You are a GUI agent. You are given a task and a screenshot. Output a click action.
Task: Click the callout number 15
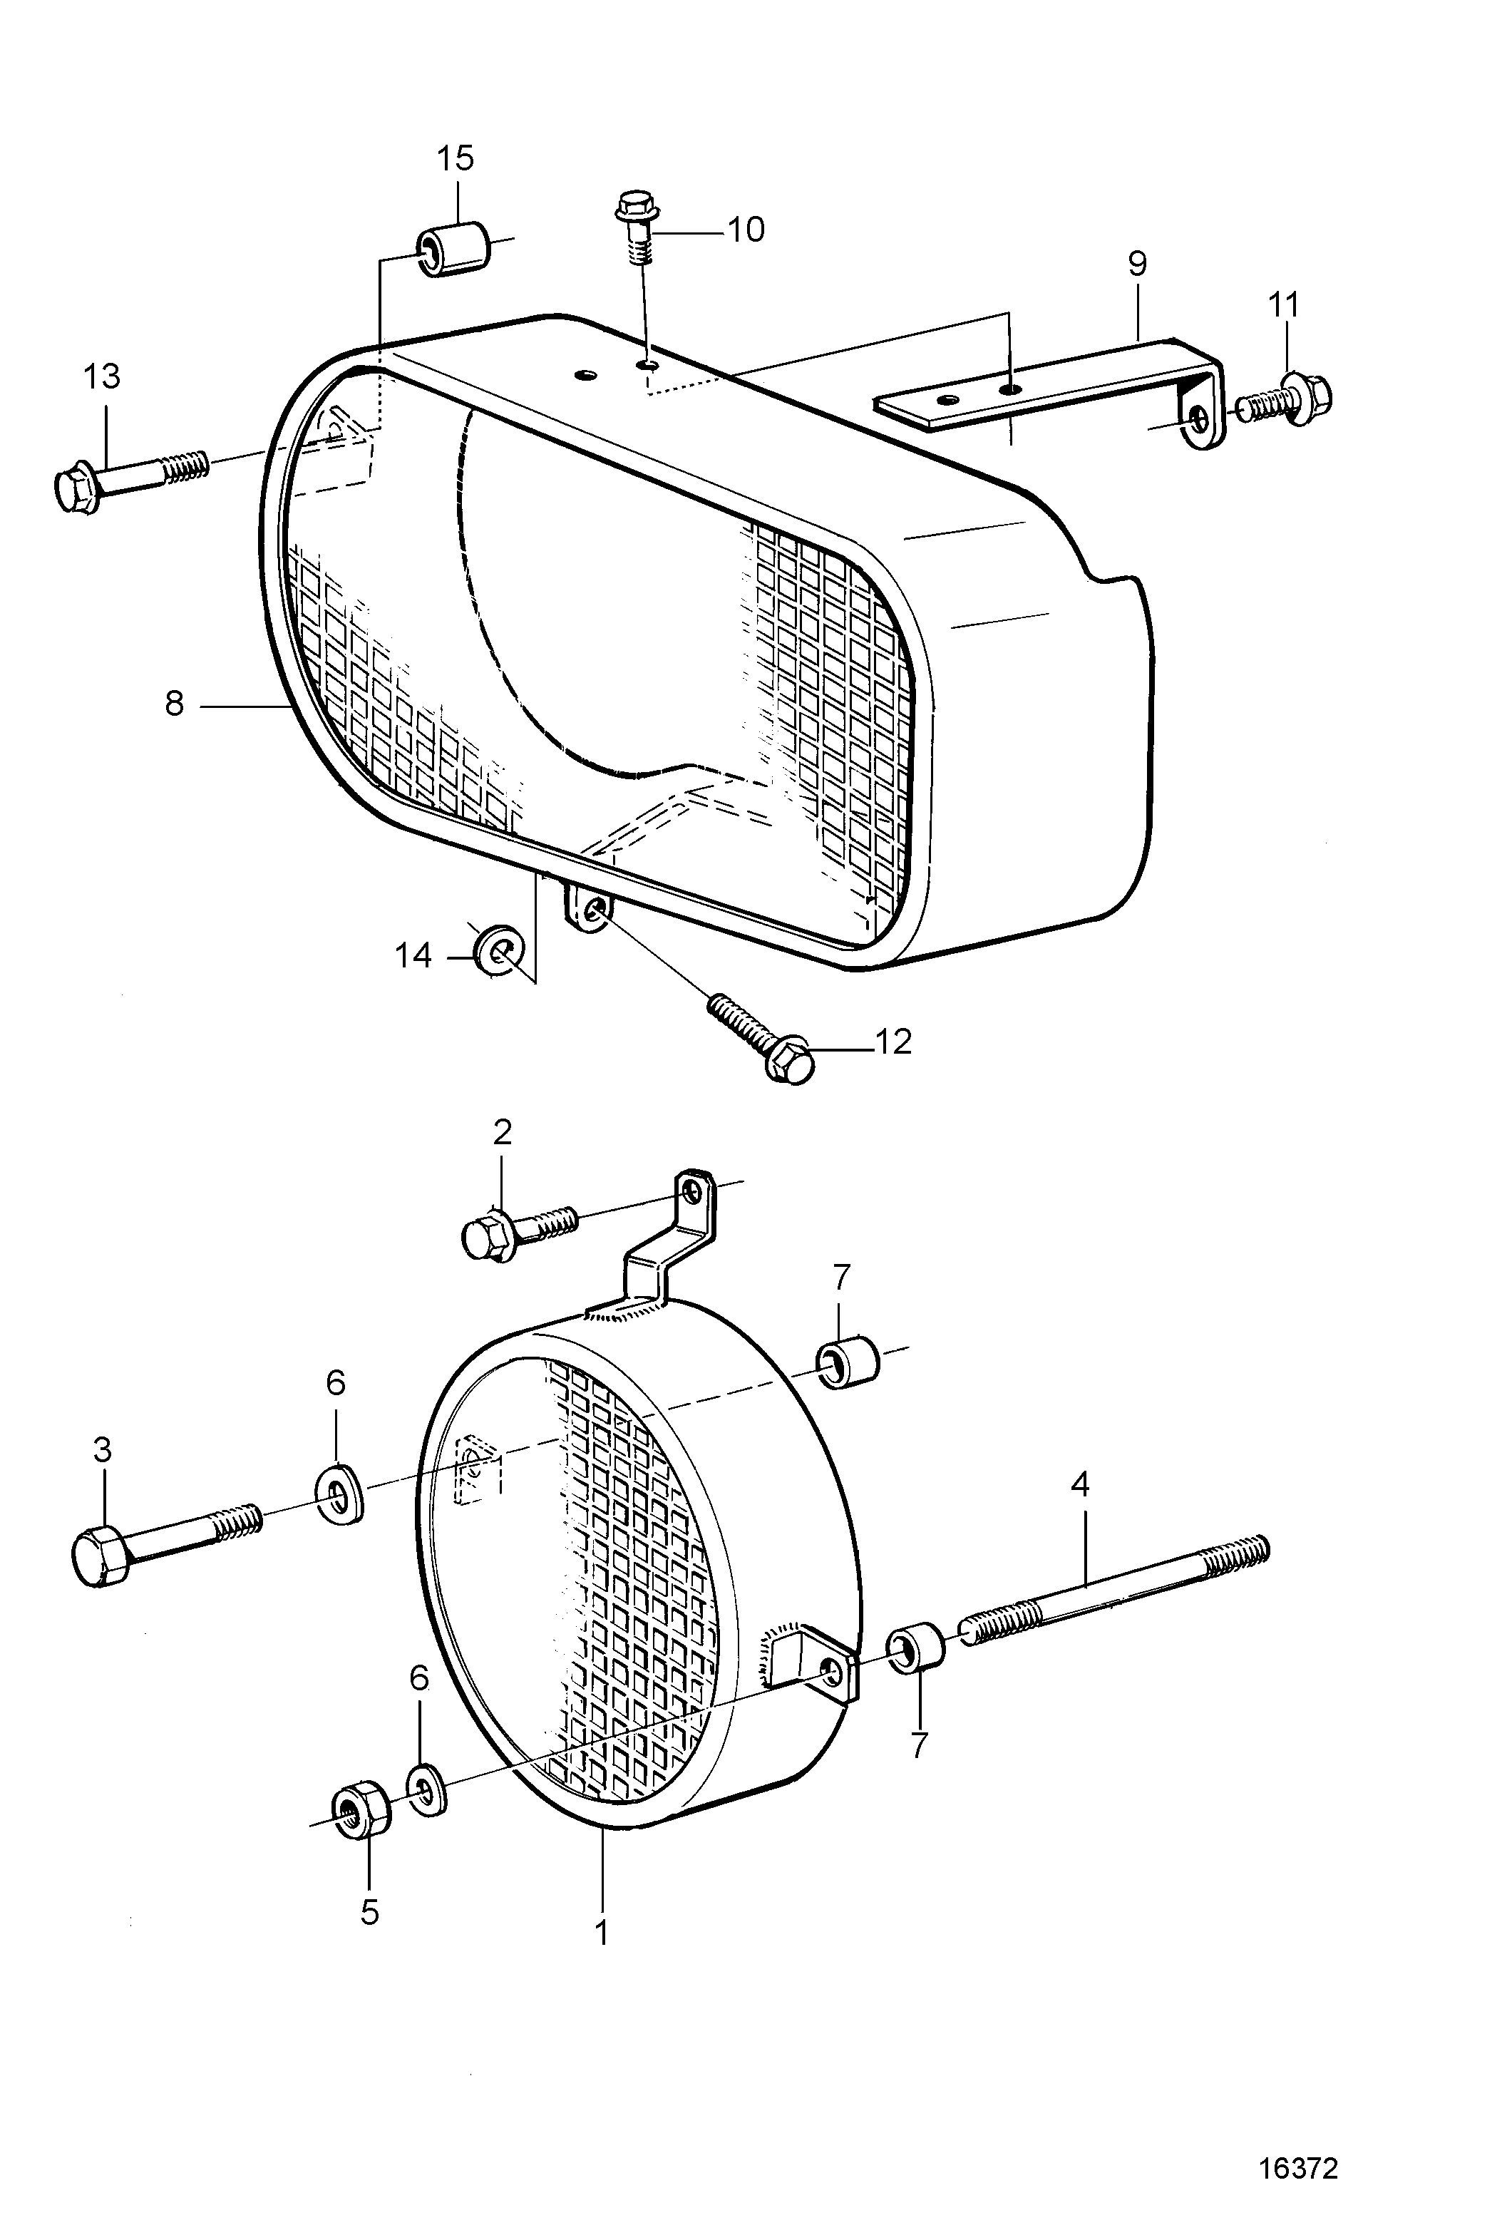point(456,158)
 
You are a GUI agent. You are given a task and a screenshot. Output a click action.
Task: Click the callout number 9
point(1136,264)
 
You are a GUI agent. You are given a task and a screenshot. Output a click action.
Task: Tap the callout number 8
point(174,705)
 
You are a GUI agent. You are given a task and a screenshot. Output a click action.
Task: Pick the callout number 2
point(503,1133)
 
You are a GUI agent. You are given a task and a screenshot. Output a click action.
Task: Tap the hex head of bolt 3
point(98,1556)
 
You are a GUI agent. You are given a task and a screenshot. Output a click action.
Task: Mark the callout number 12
point(893,1040)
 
